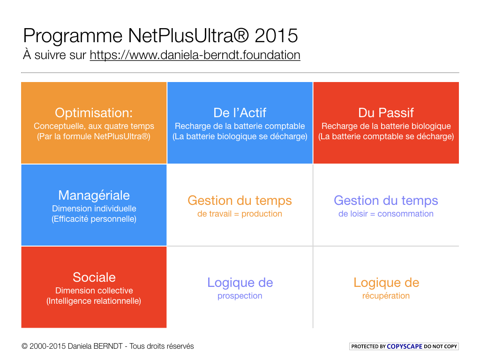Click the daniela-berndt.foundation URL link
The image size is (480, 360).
point(195,55)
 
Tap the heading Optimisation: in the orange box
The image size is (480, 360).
point(94,113)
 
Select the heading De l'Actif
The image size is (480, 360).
point(240,113)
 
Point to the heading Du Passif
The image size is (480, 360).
point(386,113)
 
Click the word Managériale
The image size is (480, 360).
point(94,195)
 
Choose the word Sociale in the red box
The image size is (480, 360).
point(94,277)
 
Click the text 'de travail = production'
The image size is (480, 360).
point(240,214)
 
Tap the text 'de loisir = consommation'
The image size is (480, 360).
point(386,214)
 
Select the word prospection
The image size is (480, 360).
point(240,296)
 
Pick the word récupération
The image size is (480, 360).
point(386,296)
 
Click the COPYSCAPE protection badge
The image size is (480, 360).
point(404,346)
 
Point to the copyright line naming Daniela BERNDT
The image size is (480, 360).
point(107,346)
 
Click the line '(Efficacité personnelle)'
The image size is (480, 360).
point(94,219)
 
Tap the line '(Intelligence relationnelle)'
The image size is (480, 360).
point(94,301)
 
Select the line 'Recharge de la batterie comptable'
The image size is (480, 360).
point(240,126)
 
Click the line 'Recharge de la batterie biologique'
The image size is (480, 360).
point(386,126)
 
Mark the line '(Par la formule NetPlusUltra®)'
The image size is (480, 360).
point(94,136)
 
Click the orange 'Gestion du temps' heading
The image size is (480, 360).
point(240,201)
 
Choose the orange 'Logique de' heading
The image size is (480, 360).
point(386,283)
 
